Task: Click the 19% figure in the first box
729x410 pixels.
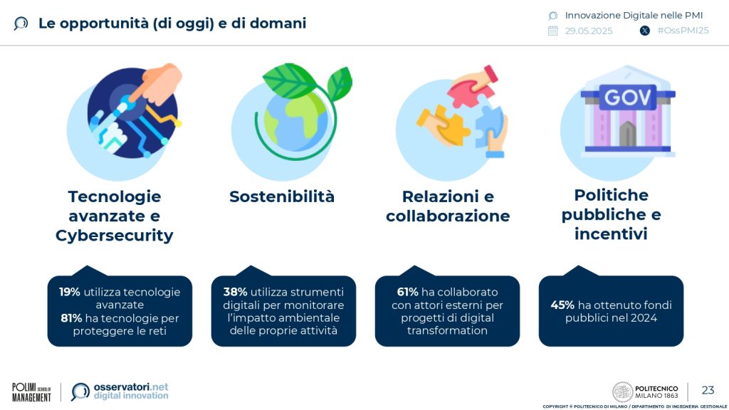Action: [x=70, y=292]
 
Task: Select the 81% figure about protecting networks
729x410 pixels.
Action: [x=71, y=317]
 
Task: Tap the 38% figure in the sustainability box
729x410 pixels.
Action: [x=235, y=292]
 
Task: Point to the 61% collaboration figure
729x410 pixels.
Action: [x=407, y=292]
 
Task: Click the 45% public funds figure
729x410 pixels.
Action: [x=562, y=305]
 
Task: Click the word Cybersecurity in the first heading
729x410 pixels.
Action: [x=114, y=236]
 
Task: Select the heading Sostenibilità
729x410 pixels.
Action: [x=282, y=196]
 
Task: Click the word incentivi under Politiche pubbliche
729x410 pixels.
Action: [x=611, y=233]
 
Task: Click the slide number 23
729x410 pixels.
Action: [x=708, y=390]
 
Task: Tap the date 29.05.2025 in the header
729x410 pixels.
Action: [x=588, y=31]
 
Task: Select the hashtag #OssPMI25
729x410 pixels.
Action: [x=683, y=31]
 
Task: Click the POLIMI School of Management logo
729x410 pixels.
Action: [x=31, y=391]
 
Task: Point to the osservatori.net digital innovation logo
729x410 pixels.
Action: [x=120, y=391]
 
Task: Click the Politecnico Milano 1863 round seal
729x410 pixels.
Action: [x=623, y=391]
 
